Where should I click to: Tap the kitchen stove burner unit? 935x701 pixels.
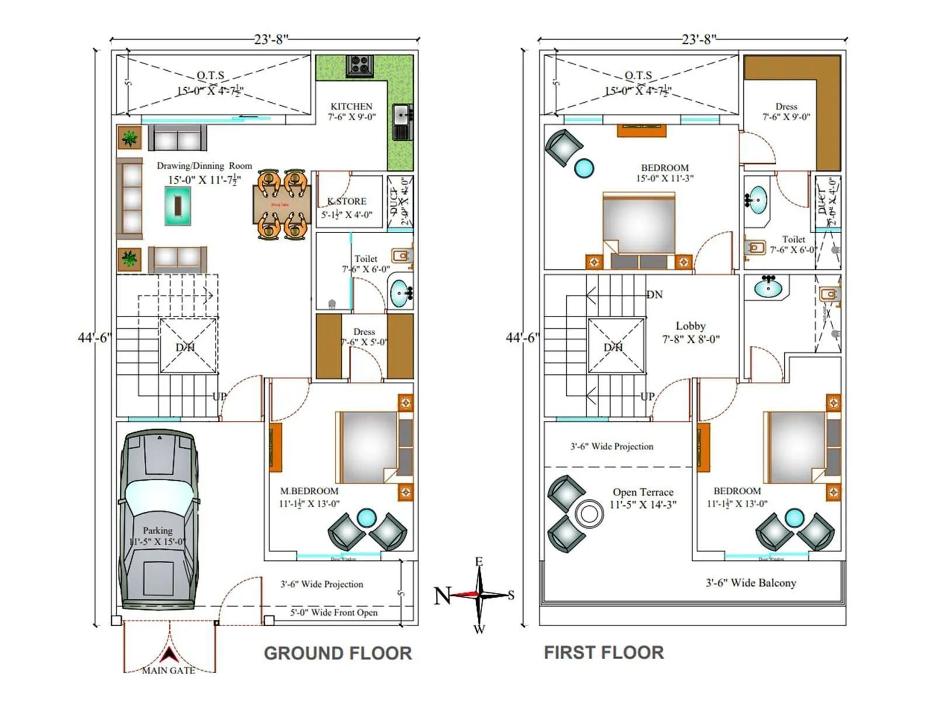[x=359, y=65]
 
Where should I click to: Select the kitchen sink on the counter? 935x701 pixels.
[x=401, y=115]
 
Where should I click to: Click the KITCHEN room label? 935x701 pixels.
[x=351, y=106]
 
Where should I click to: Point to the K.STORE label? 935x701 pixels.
[x=347, y=202]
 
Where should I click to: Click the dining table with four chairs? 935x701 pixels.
[x=282, y=204]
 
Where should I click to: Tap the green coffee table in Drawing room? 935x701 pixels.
[x=178, y=206]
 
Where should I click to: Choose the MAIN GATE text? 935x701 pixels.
[x=169, y=671]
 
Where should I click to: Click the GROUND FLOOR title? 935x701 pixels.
[x=338, y=653]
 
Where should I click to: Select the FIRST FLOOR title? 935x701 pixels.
[x=604, y=653]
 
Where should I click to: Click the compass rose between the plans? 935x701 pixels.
[x=479, y=595]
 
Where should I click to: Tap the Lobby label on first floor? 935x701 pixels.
[x=691, y=326]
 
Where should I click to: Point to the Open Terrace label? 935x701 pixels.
[x=643, y=492]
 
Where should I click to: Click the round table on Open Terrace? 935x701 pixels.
[x=589, y=514]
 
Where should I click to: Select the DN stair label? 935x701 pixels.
[x=654, y=294]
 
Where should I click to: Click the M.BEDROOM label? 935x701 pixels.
[x=309, y=491]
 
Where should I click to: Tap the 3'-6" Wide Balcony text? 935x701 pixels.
[x=751, y=583]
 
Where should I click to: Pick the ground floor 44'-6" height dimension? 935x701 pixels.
[x=94, y=338]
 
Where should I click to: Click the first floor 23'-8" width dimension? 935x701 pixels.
[x=698, y=39]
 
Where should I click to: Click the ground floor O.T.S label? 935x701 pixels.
[x=210, y=75]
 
